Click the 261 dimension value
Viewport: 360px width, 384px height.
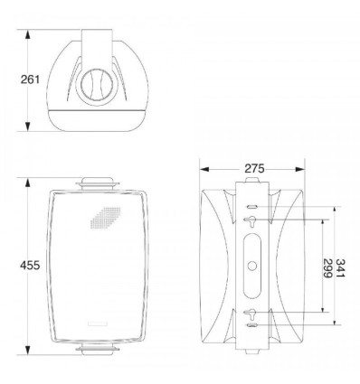point(30,80)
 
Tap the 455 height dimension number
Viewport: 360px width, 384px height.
point(30,266)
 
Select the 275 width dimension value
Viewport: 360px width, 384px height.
point(254,169)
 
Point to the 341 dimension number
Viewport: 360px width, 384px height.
point(340,268)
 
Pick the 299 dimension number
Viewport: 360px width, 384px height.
point(327,268)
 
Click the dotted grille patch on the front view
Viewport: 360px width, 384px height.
point(106,218)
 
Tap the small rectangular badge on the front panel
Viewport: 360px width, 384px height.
point(97,324)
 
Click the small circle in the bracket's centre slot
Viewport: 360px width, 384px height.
point(251,266)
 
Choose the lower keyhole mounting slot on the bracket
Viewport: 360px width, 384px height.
point(250,314)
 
